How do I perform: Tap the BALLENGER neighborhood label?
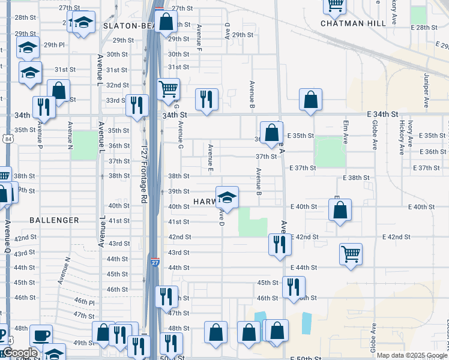[54, 220]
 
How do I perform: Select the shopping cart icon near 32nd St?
[169, 89]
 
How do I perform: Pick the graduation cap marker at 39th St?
[227, 197]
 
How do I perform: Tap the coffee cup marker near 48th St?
[41, 335]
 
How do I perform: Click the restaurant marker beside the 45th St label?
[294, 286]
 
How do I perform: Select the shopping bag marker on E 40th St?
[340, 210]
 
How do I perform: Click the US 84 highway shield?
[6, 139]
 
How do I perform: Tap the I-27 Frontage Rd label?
[144, 174]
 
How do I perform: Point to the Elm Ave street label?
[346, 131]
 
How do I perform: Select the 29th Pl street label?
[53, 44]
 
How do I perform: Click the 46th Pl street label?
[85, 302]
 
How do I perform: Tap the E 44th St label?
[303, 267]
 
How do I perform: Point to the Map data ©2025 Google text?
[412, 355]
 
